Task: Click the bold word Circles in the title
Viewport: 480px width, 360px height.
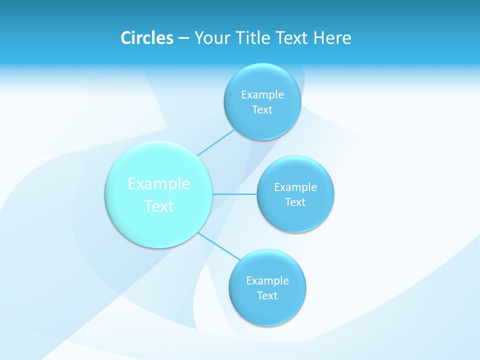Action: (146, 38)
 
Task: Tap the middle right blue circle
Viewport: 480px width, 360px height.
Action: (295, 218)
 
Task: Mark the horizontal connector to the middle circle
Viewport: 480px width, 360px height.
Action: (235, 193)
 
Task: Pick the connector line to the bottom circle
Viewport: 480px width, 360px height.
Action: (218, 246)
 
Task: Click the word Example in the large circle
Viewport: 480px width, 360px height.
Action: (159, 184)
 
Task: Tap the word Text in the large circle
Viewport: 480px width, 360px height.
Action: (159, 206)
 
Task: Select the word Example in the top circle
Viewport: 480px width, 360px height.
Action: (262, 95)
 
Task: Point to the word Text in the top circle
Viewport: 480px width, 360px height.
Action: (262, 110)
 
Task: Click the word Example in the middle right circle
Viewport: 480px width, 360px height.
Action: (295, 187)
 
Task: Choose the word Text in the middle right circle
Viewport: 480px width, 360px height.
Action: (295, 202)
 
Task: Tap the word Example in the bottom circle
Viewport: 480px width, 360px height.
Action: (267, 281)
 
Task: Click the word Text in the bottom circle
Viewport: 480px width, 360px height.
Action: (267, 296)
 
